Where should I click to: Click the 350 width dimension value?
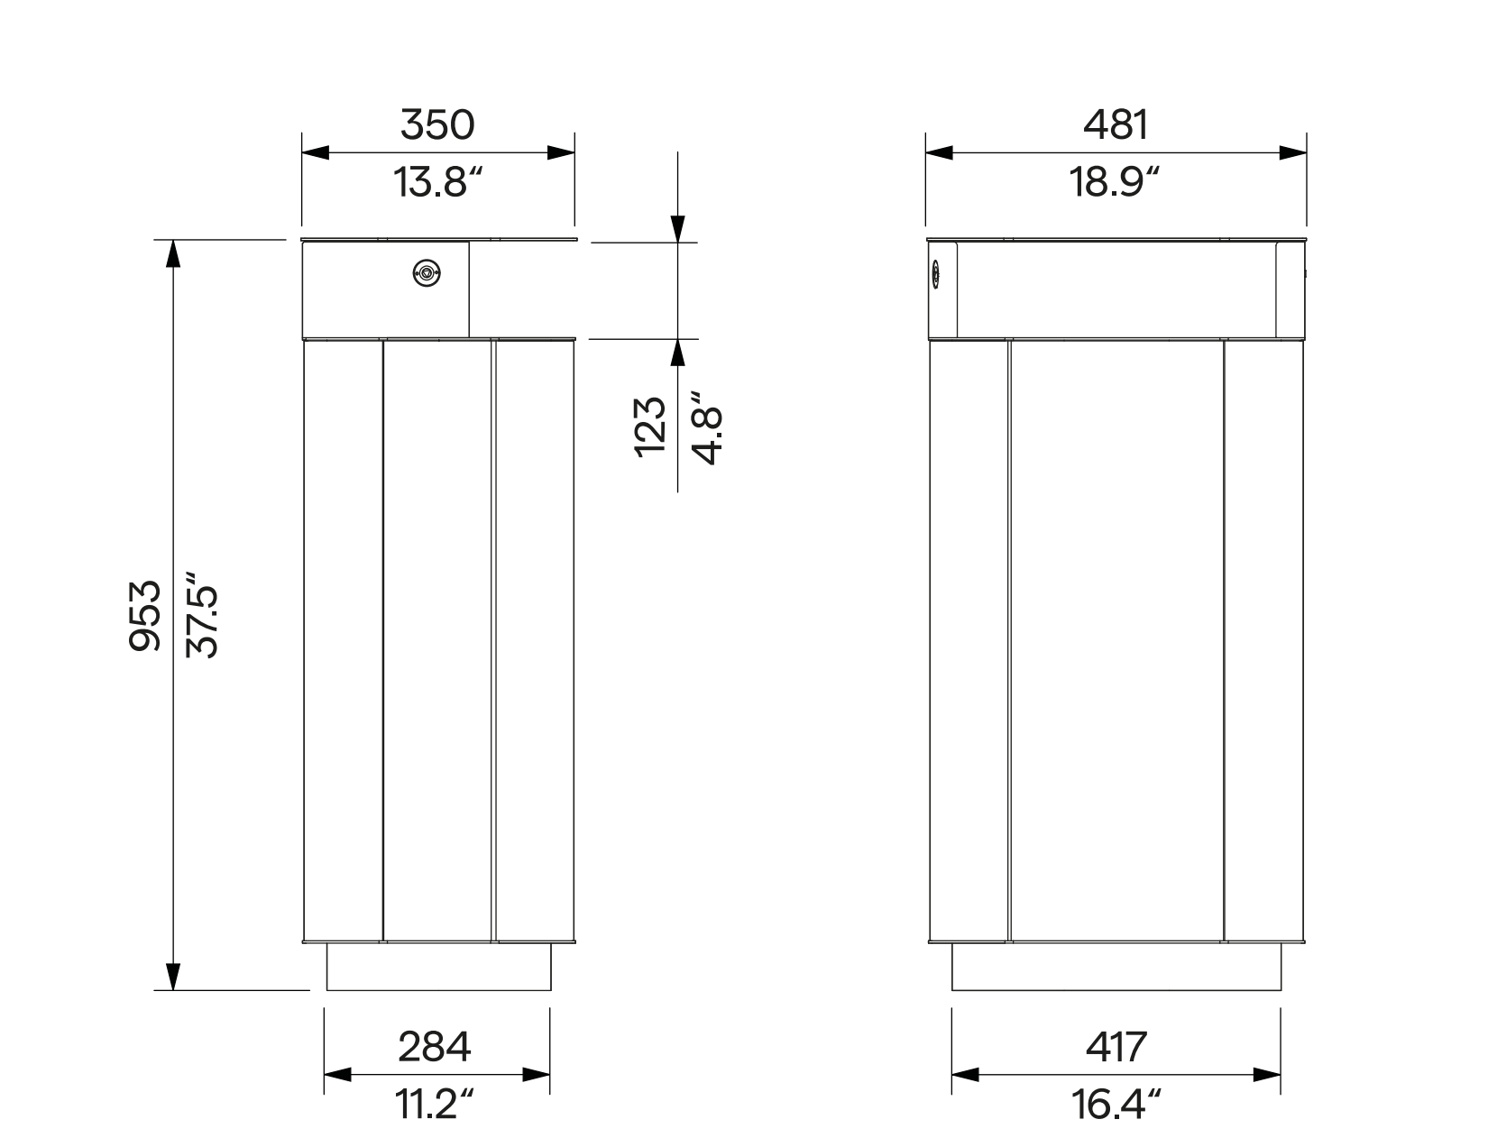pyautogui.click(x=436, y=124)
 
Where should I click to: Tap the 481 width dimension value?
pyautogui.click(x=1116, y=124)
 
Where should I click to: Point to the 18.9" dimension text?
pyautogui.click(x=1114, y=182)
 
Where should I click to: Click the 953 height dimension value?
pyautogui.click(x=144, y=615)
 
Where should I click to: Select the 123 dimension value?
pyautogui.click(x=650, y=427)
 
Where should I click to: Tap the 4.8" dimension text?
pyautogui.click(x=707, y=427)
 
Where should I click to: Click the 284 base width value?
pyautogui.click(x=435, y=1046)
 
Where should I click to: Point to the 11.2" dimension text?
pyautogui.click(x=434, y=1104)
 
